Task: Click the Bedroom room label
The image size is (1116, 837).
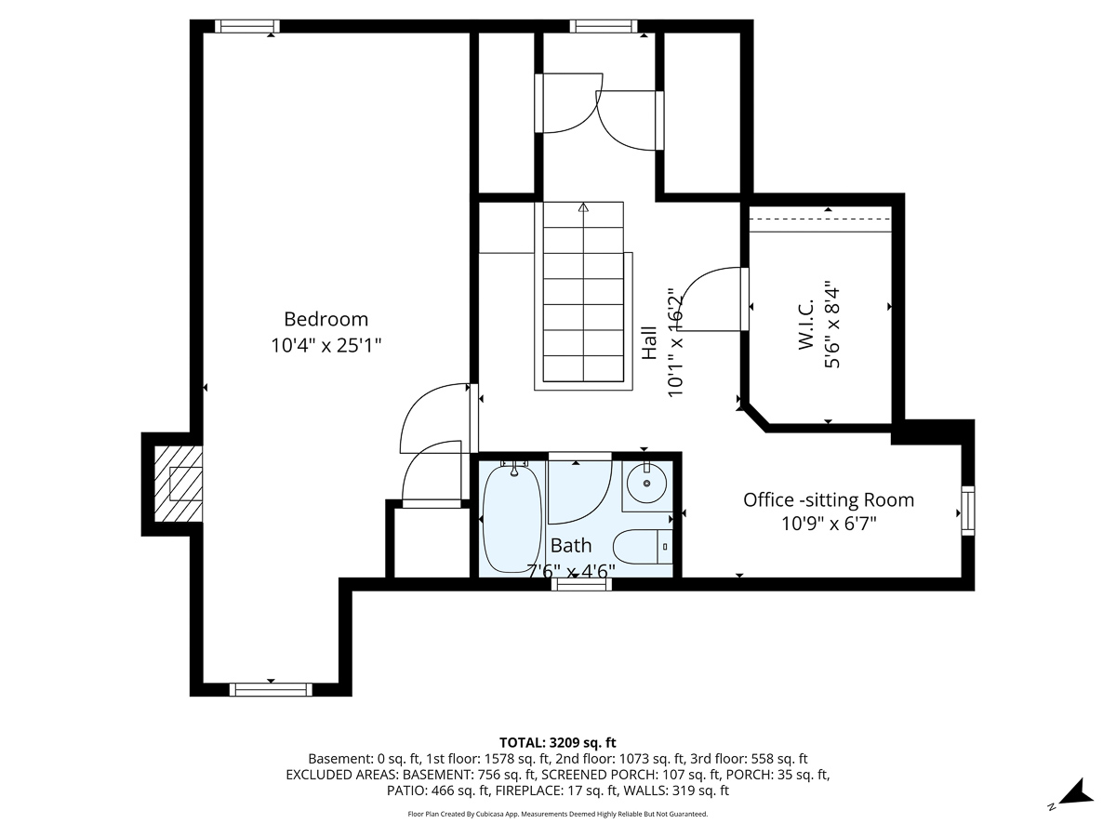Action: [325, 319]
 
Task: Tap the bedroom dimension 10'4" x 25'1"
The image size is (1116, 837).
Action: [325, 346]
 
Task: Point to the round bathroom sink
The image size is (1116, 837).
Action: [646, 483]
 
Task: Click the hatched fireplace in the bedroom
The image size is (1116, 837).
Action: [178, 484]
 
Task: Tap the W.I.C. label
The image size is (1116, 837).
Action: [806, 325]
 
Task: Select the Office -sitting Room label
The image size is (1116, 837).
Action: [829, 499]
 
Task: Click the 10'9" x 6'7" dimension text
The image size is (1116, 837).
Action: [829, 523]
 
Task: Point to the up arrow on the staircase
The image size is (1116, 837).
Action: [584, 207]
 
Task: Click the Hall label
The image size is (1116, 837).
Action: [649, 343]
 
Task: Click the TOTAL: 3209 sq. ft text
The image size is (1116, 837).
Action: [558, 742]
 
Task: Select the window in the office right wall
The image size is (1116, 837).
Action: [968, 511]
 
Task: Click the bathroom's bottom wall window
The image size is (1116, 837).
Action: [581, 584]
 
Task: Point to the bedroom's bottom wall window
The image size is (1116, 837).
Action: [271, 689]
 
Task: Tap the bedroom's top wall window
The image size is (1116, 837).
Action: [247, 26]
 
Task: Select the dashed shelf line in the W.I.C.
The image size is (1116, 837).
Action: [820, 219]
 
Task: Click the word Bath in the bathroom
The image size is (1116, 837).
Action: [571, 545]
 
